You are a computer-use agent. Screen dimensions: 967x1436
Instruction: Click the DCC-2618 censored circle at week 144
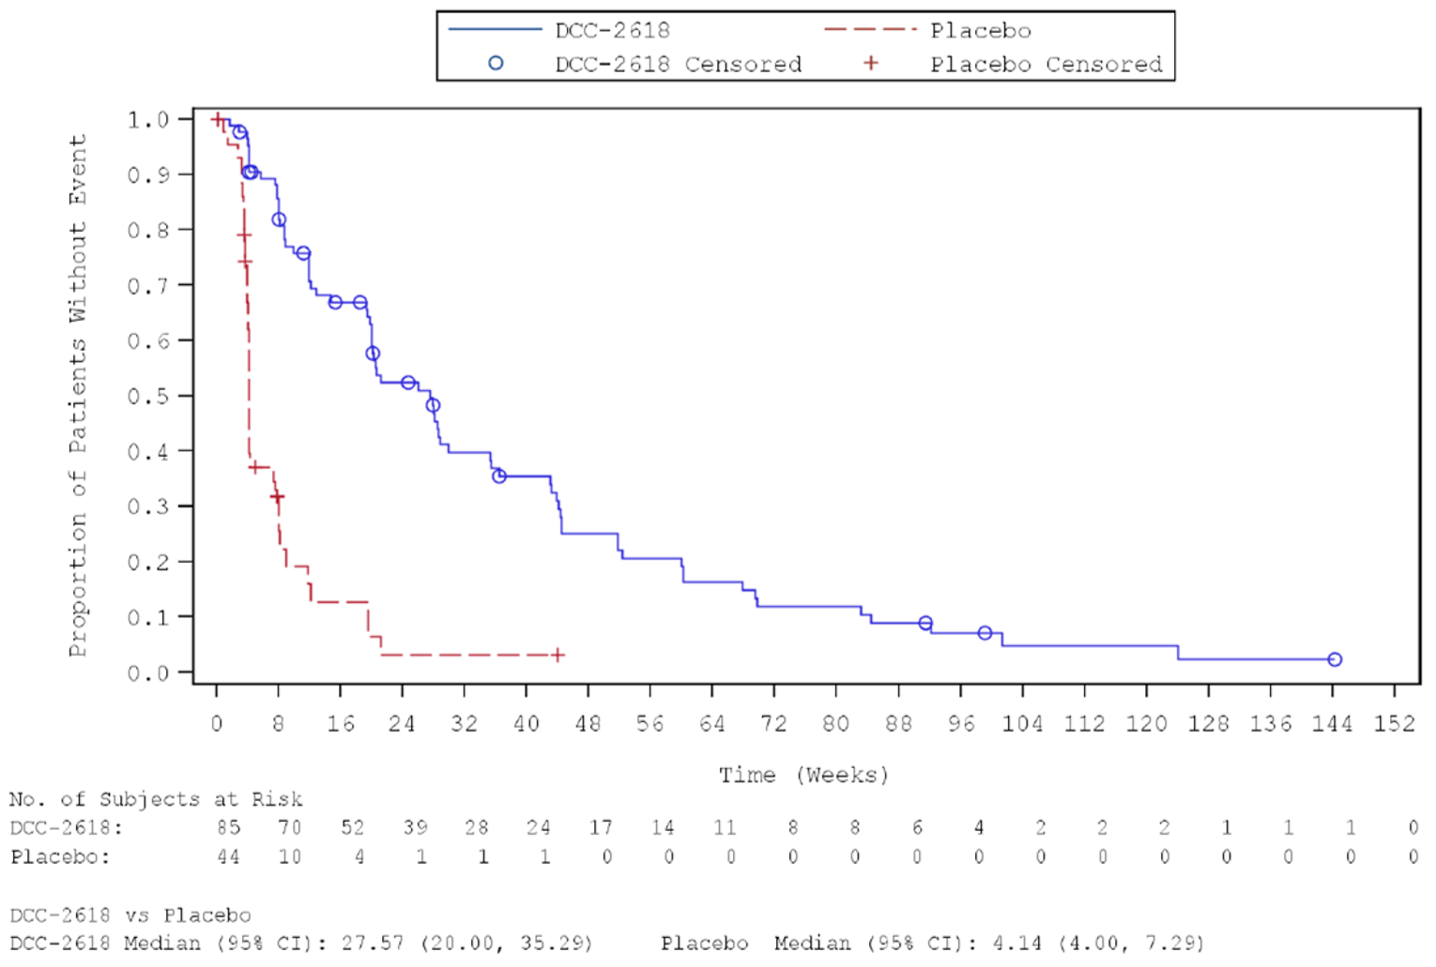point(1334,660)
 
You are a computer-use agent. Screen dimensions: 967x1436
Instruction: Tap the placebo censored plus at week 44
point(558,655)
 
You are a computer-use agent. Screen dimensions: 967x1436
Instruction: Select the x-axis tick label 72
point(773,724)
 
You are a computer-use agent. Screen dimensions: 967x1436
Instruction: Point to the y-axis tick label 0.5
point(147,397)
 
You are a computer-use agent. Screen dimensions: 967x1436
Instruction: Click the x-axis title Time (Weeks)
point(803,776)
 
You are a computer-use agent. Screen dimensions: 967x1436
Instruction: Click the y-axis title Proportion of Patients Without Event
point(77,395)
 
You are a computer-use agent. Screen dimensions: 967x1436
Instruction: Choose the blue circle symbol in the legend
point(496,64)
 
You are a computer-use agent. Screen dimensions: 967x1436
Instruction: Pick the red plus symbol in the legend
point(871,64)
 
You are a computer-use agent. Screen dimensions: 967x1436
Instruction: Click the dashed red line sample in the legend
point(869,30)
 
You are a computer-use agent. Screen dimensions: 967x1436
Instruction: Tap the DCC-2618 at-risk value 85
point(228,828)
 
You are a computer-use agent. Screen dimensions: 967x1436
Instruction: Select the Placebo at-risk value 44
point(228,857)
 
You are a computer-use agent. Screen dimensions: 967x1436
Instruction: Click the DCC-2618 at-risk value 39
point(415,828)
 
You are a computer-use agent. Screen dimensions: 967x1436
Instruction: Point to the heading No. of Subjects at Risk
point(156,800)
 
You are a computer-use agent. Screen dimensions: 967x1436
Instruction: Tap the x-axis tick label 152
point(1394,724)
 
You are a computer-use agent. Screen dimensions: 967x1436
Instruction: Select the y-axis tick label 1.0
point(147,120)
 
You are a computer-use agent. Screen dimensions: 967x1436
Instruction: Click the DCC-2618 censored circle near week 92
point(925,624)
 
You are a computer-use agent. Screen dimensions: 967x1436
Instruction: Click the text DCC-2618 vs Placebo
point(130,915)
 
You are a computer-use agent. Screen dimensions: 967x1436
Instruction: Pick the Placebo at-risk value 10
point(290,857)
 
